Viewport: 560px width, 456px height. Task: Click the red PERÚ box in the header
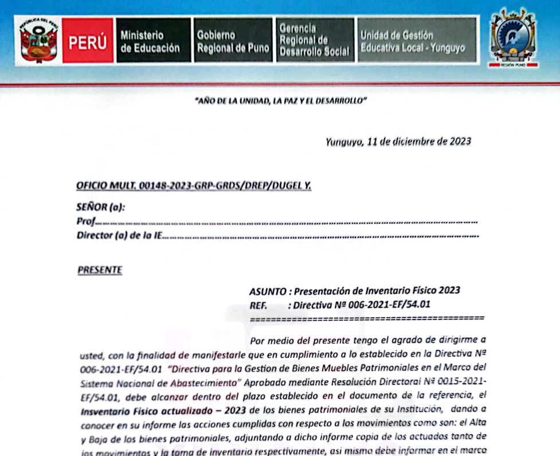point(87,41)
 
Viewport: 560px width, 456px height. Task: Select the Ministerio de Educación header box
point(153,41)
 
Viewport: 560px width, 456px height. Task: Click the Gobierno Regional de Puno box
point(232,41)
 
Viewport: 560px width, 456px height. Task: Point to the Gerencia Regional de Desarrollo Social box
point(315,40)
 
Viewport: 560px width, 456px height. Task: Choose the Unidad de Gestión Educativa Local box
point(416,40)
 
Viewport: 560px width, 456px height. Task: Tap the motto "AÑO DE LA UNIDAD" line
point(280,101)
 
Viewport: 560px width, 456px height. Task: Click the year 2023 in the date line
point(460,142)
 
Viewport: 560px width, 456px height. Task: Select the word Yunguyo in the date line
point(343,142)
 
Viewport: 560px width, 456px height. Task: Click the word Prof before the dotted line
point(85,221)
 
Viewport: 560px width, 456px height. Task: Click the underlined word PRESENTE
point(99,270)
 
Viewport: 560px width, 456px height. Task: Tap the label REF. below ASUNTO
point(259,305)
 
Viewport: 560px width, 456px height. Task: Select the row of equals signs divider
point(367,318)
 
